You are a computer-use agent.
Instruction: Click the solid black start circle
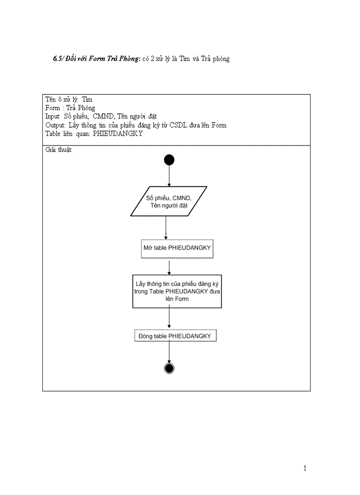pos(169,160)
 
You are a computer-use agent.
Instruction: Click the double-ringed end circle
pos(169,368)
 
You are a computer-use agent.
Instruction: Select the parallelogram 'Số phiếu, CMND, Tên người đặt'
pos(169,201)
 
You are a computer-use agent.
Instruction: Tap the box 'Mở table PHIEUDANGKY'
pos(177,249)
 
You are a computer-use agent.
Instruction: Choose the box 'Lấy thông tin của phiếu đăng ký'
pos(177,291)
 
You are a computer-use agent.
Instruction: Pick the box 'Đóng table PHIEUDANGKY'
pos(175,336)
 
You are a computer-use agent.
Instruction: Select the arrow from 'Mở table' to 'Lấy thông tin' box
pos(169,267)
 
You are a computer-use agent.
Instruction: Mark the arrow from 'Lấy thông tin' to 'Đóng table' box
pos(169,318)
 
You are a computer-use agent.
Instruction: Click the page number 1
pos(305,469)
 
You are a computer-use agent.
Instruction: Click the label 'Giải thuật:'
pos(59,150)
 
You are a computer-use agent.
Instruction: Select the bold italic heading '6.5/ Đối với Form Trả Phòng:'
pos(97,59)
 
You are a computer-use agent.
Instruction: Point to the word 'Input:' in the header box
pos(53,116)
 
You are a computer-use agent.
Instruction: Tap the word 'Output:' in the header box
pos(55,125)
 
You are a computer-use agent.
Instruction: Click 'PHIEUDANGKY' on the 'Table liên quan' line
pos(118,134)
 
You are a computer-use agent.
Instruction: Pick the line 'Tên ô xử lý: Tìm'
pos(69,100)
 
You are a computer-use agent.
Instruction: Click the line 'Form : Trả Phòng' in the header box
pos(70,108)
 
